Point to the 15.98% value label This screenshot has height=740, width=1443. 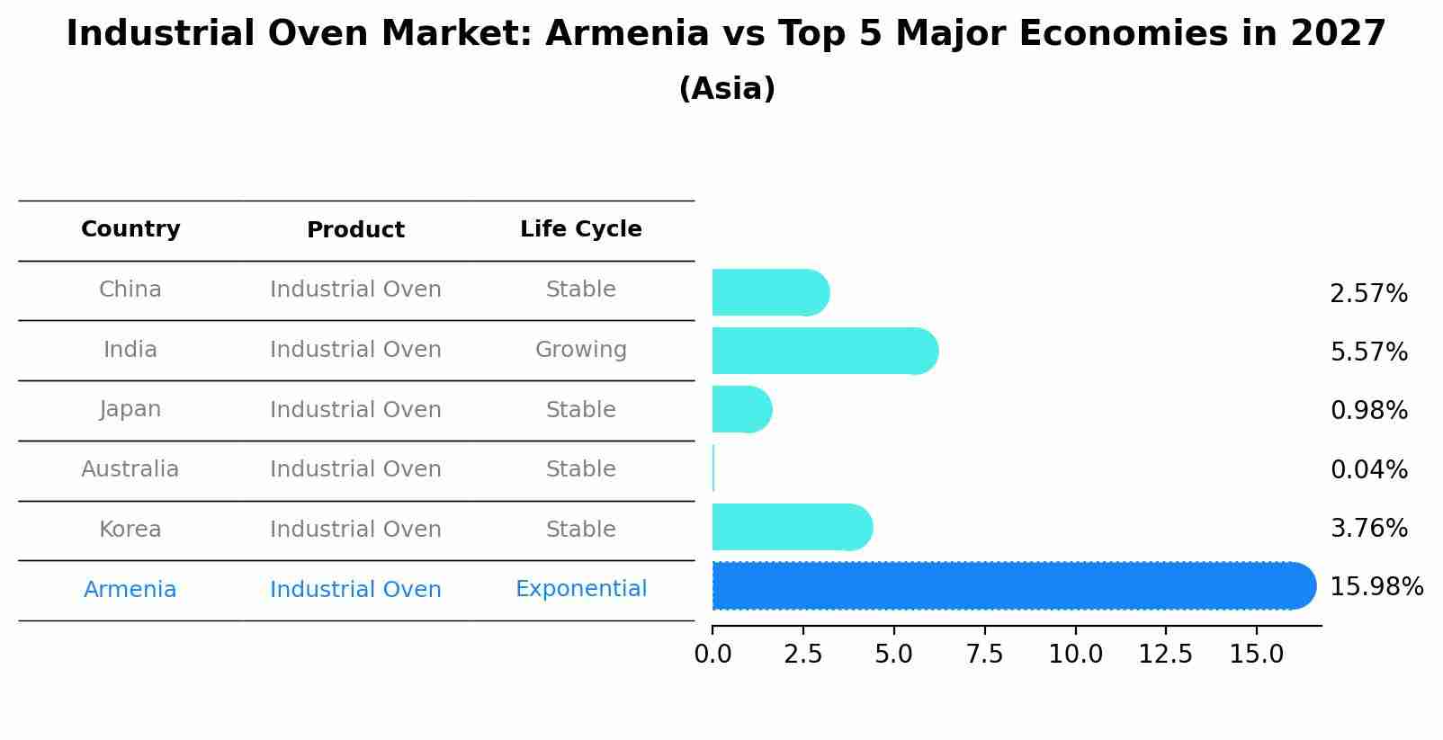pos(1376,587)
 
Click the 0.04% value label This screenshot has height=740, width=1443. pos(1368,469)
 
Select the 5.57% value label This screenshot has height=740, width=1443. pos(1368,352)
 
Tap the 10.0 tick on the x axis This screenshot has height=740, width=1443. pos(1075,655)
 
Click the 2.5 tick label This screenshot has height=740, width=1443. pos(803,655)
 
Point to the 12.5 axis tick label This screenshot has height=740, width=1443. pos(1166,655)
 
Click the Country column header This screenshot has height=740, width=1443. pos(130,229)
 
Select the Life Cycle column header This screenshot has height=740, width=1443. pos(580,229)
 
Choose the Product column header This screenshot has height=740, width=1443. pos(355,230)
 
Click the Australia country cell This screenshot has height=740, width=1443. pos(130,469)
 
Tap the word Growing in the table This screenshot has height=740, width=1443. pos(580,350)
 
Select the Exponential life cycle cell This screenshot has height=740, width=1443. pos(580,589)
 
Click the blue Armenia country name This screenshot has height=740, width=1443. pos(130,590)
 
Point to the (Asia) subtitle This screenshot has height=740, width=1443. pos(727,89)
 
